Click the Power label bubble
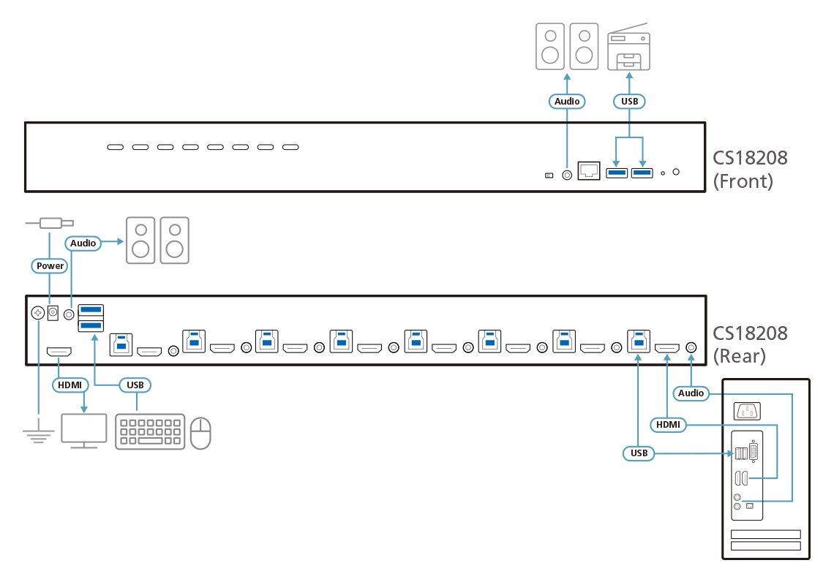pyautogui.click(x=50, y=265)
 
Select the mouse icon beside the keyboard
pyautogui.click(x=200, y=433)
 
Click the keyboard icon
pyautogui.click(x=150, y=431)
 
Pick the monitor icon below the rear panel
pyautogui.click(x=84, y=431)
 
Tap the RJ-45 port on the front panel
pyautogui.click(x=589, y=170)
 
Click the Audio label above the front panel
pyautogui.click(x=567, y=101)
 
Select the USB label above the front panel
pyautogui.click(x=629, y=101)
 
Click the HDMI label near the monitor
pyautogui.click(x=69, y=385)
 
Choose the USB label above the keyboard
pyautogui.click(x=135, y=385)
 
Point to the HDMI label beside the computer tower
pyautogui.click(x=668, y=425)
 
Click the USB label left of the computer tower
pyautogui.click(x=639, y=453)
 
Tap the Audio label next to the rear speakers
pyautogui.click(x=83, y=243)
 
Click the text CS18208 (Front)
pyautogui.click(x=750, y=170)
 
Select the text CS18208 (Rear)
pyautogui.click(x=750, y=344)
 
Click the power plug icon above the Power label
pyautogui.click(x=50, y=223)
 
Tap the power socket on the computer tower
pyautogui.click(x=747, y=411)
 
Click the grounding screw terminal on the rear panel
pyautogui.click(x=38, y=313)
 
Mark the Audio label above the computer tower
pyautogui.click(x=691, y=393)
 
